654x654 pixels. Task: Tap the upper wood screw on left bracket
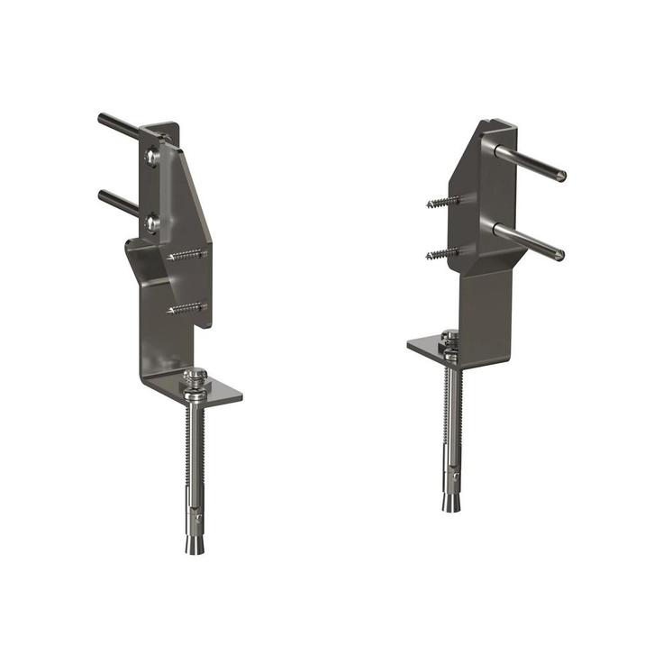click(186, 256)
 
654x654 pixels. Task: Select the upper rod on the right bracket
click(531, 163)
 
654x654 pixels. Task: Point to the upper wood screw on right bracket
click(442, 203)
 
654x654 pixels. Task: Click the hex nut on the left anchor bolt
click(195, 376)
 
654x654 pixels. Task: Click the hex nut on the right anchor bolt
click(450, 339)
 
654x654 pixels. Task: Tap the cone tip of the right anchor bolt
click(450, 502)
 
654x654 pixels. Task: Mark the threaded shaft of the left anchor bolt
click(195, 441)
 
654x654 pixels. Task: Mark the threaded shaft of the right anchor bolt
click(450, 405)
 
